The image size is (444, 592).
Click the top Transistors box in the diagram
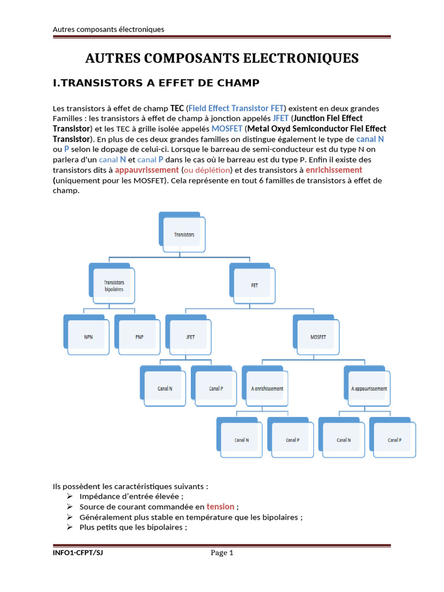pos(183,235)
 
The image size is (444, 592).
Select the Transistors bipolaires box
pos(113,286)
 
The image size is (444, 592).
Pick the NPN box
pos(88,337)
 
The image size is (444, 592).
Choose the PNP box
pos(139,337)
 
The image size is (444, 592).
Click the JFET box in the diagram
pos(190,337)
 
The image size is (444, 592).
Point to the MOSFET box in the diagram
pos(317,337)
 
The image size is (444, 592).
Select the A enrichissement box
pos(267,388)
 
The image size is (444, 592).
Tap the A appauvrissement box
pos(369,388)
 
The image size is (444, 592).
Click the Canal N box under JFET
pos(165,388)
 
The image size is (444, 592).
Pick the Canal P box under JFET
pos(216,388)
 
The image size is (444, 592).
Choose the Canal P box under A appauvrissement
pos(395,440)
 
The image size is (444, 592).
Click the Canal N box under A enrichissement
pos(242,440)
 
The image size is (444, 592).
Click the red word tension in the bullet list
pos(220,506)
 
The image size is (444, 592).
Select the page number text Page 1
pos(221,553)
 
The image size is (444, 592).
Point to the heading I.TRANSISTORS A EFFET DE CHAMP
pos(156,83)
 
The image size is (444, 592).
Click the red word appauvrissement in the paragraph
pos(147,170)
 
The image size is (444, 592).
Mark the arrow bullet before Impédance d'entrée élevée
pos(69,496)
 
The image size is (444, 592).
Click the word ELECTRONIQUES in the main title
pos(301,58)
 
